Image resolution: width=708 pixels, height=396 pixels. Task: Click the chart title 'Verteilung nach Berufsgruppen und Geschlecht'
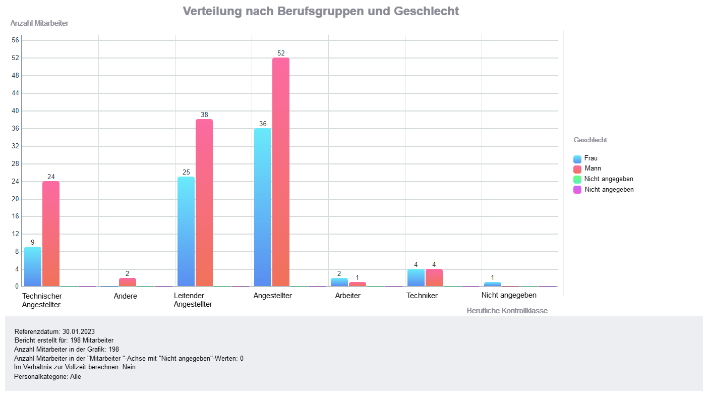pos(321,11)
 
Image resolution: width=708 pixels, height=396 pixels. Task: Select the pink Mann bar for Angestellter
pos(281,172)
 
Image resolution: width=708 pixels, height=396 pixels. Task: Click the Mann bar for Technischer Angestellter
pos(51,234)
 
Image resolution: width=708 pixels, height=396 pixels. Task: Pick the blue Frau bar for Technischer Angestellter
pos(33,266)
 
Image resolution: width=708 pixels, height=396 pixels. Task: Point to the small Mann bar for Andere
pos(128,282)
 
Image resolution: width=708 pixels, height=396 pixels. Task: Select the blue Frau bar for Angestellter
pos(263,207)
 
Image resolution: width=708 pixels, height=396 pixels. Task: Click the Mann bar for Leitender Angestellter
pos(204,202)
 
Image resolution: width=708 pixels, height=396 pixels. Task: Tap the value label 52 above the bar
pos(281,53)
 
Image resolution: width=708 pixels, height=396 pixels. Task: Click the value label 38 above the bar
pos(204,115)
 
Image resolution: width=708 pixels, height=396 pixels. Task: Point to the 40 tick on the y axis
pos(15,111)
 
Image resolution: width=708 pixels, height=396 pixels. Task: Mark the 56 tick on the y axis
pos(15,40)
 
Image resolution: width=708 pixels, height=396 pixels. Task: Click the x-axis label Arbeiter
pos(348,296)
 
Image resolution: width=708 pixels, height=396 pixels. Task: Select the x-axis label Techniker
pos(422,296)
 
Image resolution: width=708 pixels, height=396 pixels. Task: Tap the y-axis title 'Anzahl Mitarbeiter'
pos(39,23)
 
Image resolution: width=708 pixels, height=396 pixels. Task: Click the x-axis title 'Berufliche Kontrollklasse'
pos(507,311)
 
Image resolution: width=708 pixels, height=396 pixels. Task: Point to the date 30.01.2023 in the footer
pos(79,331)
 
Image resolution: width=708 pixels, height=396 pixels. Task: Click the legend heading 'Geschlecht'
pos(590,140)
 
